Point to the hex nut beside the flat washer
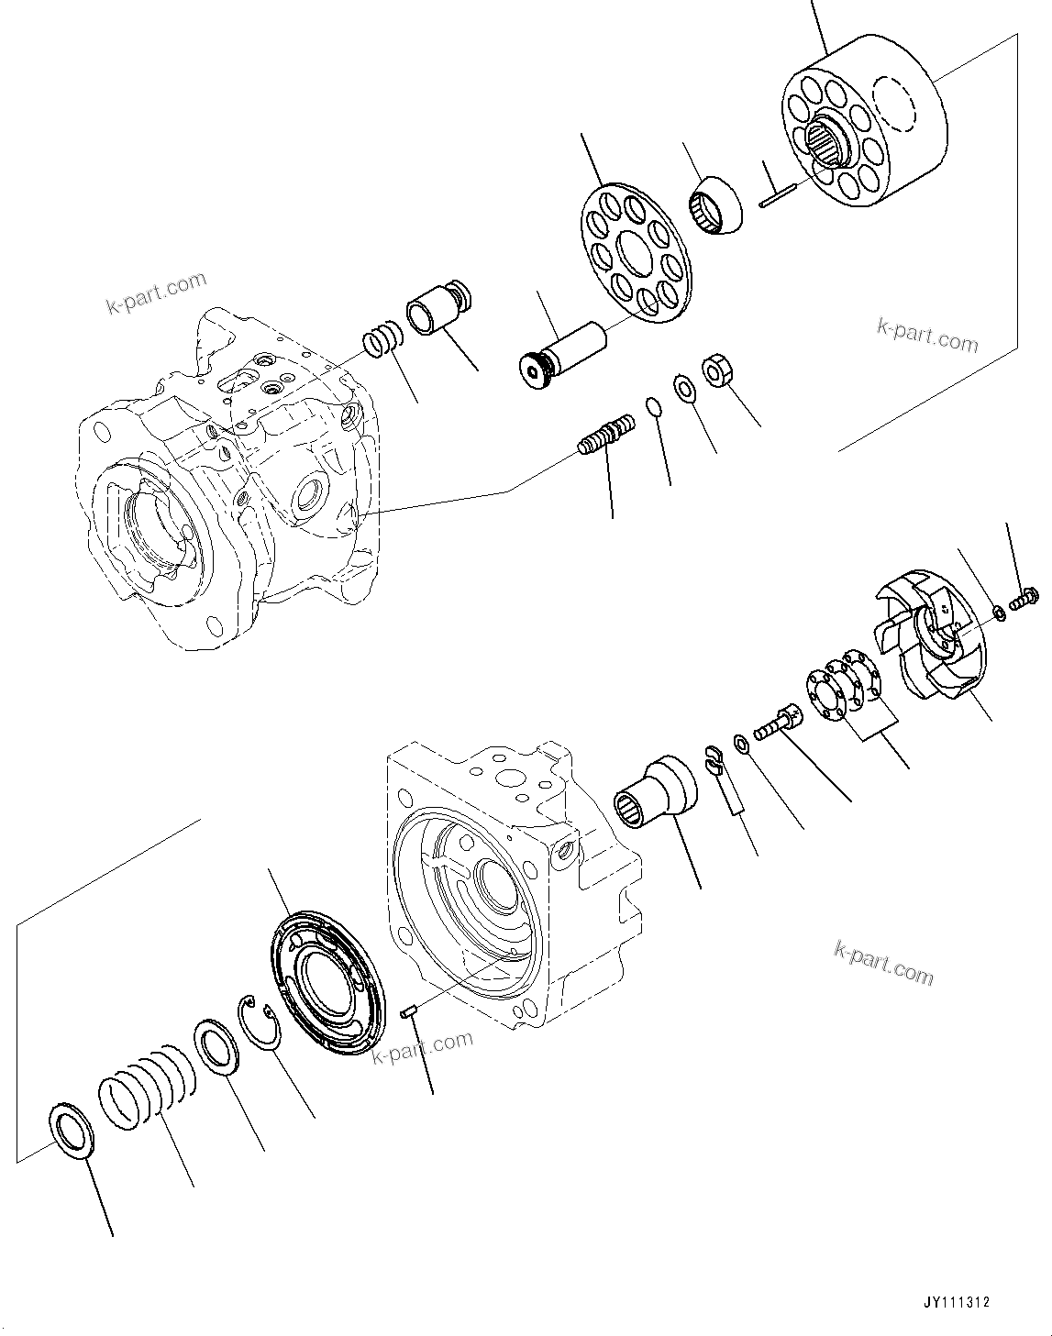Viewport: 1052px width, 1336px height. click(714, 371)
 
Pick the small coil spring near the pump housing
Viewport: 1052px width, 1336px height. click(382, 341)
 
